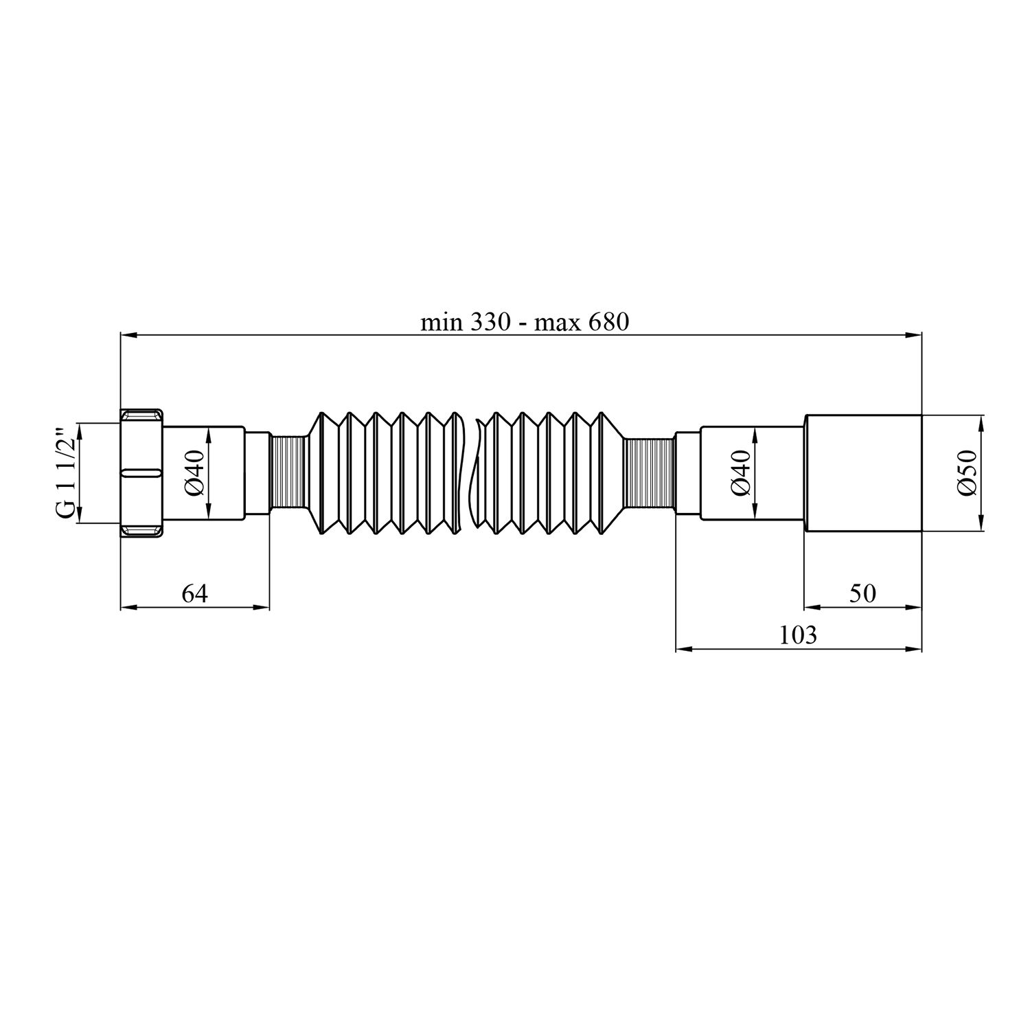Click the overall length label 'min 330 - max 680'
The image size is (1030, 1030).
pyautogui.click(x=525, y=322)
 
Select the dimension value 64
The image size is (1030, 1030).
pyautogui.click(x=194, y=593)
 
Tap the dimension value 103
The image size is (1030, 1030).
pyautogui.click(x=799, y=635)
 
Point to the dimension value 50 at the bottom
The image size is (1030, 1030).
pyautogui.click(x=862, y=593)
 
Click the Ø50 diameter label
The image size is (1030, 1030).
pyautogui.click(x=967, y=473)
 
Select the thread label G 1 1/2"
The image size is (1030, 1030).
pyautogui.click(x=65, y=473)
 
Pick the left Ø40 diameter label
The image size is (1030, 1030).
pyautogui.click(x=194, y=473)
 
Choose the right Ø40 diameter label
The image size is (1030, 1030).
pyautogui.click(x=740, y=473)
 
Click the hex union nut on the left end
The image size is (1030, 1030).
pyautogui.click(x=143, y=473)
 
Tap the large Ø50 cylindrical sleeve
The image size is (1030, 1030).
pyautogui.click(x=862, y=473)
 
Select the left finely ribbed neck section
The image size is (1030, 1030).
pyautogui.click(x=288, y=473)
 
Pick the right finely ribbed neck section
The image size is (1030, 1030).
pyautogui.click(x=650, y=473)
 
